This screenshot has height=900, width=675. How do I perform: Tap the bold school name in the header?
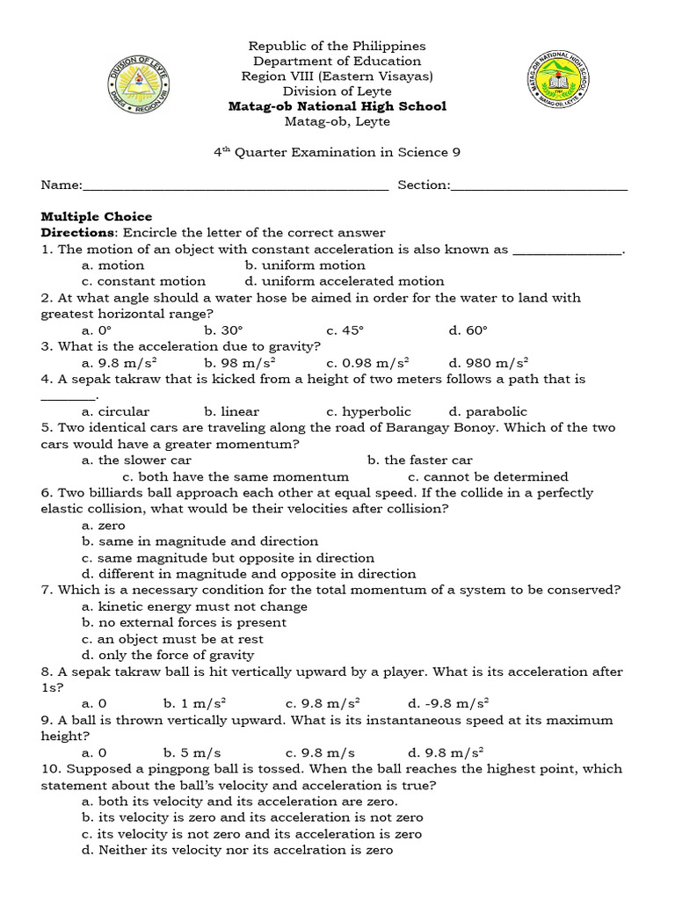click(337, 106)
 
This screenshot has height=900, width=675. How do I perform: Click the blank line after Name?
click(236, 185)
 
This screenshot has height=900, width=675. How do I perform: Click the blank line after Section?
click(540, 185)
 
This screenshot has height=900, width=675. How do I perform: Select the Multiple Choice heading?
click(97, 216)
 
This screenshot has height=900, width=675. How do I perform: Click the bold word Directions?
click(78, 233)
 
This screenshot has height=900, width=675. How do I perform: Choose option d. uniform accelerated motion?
click(345, 281)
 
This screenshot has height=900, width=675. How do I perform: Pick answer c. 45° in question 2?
click(345, 330)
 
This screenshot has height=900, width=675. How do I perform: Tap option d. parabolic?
click(488, 411)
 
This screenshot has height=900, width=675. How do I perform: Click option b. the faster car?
click(420, 460)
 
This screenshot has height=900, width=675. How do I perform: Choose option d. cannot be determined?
click(488, 476)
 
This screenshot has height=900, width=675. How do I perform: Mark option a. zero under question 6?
click(104, 525)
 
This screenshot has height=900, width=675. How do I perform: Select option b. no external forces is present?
click(184, 622)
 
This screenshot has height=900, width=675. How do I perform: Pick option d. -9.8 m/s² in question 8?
click(448, 704)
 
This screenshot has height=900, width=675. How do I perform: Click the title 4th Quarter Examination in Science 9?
click(337, 152)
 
